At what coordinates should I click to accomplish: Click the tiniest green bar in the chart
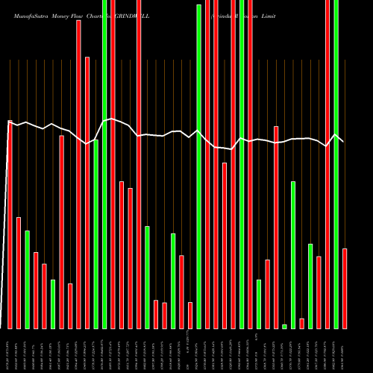click(x=284, y=326)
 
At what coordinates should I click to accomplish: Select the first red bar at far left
click(x=10, y=224)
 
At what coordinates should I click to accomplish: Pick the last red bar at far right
click(x=345, y=288)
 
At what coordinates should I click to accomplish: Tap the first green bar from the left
click(x=28, y=280)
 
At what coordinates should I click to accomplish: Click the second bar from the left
click(x=19, y=272)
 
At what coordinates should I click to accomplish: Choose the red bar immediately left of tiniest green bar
click(x=276, y=228)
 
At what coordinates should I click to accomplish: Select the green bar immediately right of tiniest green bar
click(x=293, y=254)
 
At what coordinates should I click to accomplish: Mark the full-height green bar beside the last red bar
click(x=336, y=164)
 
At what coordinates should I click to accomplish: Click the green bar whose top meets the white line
click(x=96, y=233)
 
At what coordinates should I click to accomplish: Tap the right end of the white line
click(x=343, y=141)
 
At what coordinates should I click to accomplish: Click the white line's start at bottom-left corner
click(x=3, y=327)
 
